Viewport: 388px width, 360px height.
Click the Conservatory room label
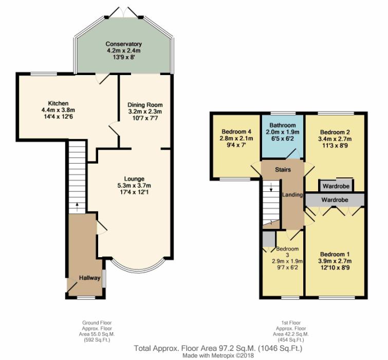tap(123, 44)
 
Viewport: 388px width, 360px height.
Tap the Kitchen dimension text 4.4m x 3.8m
tap(59, 110)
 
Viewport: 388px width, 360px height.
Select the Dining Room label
tap(145, 105)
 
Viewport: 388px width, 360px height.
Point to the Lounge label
tap(134, 179)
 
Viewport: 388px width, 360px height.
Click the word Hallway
tap(89, 278)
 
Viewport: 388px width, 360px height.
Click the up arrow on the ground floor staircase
tap(77, 207)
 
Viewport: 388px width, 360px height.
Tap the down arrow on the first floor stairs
tap(271, 187)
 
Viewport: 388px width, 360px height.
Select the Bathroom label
tap(283, 125)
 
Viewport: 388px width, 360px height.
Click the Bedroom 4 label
tap(236, 132)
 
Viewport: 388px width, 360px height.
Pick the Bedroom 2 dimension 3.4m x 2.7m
tap(335, 139)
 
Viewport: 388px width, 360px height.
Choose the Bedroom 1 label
tap(335, 254)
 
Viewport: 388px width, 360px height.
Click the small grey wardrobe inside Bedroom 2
tap(336, 186)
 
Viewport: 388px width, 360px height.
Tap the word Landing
tap(292, 195)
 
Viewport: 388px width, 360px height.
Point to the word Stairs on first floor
tap(283, 170)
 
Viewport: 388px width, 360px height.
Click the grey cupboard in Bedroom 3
tap(269, 239)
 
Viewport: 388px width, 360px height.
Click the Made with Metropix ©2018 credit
tap(218, 355)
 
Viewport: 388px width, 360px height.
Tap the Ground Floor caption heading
tap(97, 323)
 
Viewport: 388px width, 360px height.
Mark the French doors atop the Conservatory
tap(123, 12)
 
